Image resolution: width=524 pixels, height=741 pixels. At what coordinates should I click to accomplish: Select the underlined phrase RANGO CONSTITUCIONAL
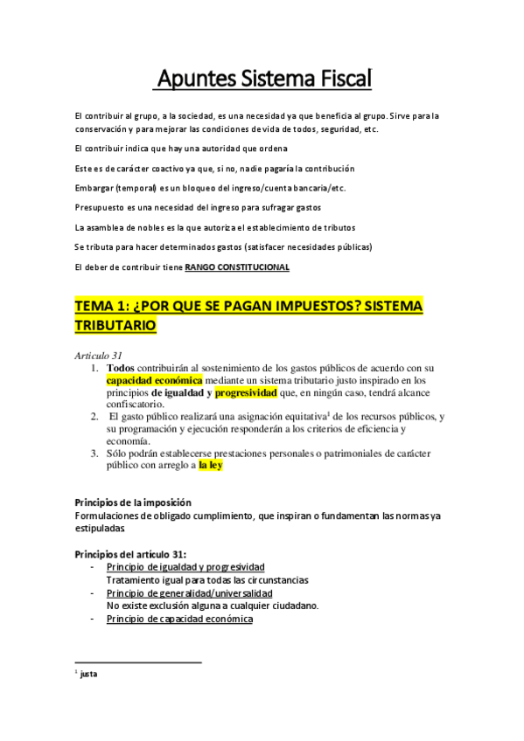(236, 267)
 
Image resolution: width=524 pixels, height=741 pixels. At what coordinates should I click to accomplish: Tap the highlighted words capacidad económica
(154, 381)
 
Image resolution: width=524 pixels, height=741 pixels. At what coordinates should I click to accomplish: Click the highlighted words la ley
(210, 466)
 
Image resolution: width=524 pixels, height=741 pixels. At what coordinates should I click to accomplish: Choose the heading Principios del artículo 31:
(130, 554)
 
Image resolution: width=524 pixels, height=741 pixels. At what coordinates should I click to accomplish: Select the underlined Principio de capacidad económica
(179, 619)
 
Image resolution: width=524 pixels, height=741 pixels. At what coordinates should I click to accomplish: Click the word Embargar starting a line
(94, 188)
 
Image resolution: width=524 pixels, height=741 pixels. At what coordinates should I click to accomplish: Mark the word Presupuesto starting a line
(99, 208)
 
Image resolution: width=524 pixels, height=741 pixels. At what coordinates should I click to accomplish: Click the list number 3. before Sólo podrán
(95, 454)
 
